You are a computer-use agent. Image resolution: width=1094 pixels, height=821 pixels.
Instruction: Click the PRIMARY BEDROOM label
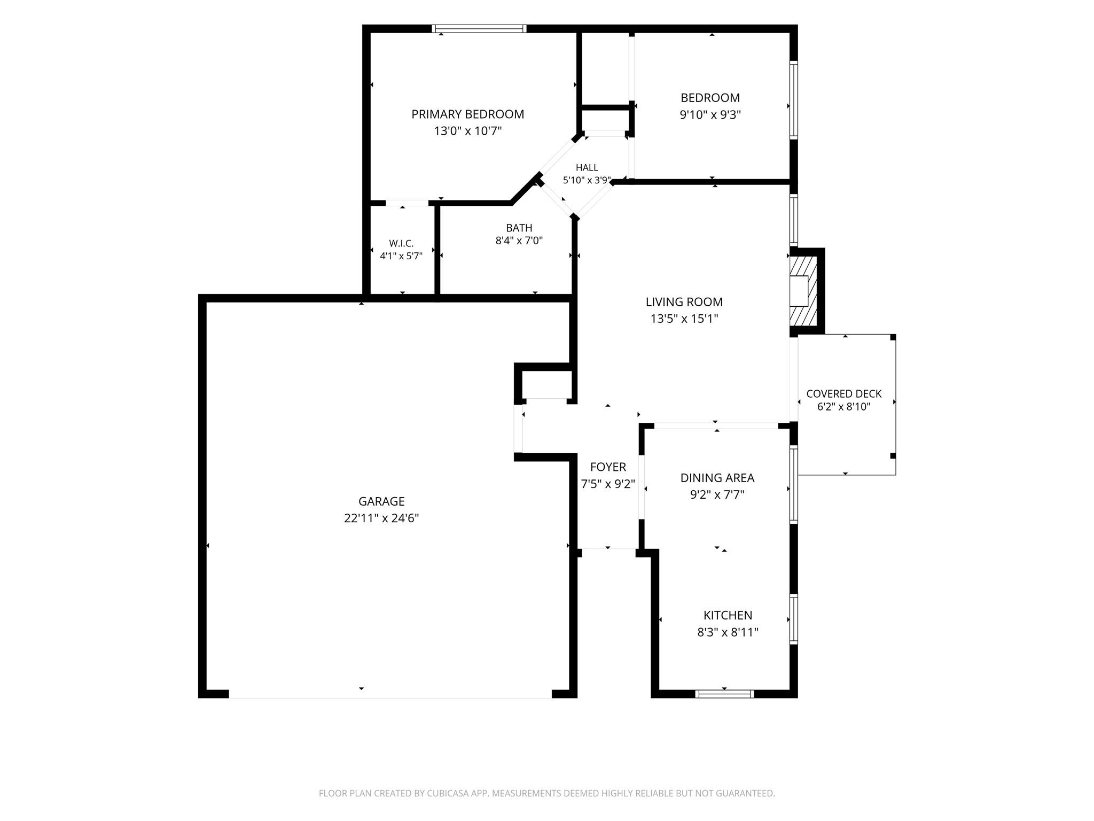(x=467, y=114)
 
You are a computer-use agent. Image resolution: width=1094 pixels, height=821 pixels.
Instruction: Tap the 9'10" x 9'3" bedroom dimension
(x=710, y=114)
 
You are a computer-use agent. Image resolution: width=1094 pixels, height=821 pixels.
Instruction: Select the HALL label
(x=587, y=168)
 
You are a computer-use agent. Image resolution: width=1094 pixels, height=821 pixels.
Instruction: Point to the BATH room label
(x=519, y=228)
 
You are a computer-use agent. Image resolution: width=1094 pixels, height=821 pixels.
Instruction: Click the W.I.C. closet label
(x=401, y=244)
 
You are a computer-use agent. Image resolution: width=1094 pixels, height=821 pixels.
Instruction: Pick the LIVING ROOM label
(x=684, y=302)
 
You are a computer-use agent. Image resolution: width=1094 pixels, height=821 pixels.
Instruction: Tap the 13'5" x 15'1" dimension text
(x=684, y=319)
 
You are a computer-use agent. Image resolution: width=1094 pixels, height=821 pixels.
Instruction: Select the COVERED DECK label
(x=844, y=394)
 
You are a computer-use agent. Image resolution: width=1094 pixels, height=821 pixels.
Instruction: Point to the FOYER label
(x=608, y=467)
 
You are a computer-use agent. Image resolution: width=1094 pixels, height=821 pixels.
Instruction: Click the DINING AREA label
(x=717, y=478)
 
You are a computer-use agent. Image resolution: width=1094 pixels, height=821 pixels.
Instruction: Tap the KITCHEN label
(x=728, y=615)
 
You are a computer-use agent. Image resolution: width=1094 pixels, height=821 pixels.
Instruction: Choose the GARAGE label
(x=381, y=501)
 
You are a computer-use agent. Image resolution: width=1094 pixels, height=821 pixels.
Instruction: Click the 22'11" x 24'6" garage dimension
(x=381, y=518)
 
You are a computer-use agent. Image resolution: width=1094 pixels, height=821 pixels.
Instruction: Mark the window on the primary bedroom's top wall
(x=479, y=29)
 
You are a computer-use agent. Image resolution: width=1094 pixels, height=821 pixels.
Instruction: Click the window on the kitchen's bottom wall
(x=724, y=694)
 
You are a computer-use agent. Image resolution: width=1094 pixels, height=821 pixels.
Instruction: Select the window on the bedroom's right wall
(x=794, y=100)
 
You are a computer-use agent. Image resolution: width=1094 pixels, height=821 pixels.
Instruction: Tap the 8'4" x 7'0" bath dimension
(x=519, y=241)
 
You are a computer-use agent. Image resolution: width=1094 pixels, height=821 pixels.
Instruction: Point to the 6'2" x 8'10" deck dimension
(x=844, y=407)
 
